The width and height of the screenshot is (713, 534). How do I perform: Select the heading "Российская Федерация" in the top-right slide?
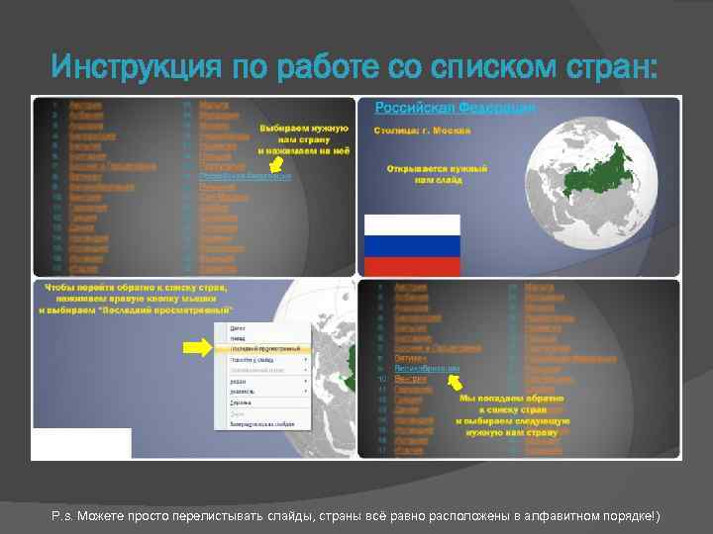(x=455, y=107)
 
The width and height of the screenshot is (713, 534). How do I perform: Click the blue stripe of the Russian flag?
(x=412, y=246)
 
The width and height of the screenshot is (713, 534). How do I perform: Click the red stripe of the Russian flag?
(x=412, y=266)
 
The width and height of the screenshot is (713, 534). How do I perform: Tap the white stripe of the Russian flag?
(x=412, y=225)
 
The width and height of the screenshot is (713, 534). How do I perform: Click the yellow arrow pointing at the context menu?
(x=198, y=347)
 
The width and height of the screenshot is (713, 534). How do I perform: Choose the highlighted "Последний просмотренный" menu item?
(x=265, y=349)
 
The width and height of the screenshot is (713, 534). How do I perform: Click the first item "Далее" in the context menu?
(x=238, y=326)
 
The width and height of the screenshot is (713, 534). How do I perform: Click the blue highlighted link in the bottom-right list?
(x=427, y=369)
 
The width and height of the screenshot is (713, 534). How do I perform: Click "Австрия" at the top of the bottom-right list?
(x=409, y=288)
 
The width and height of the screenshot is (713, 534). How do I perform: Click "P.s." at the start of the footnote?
(x=61, y=516)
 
